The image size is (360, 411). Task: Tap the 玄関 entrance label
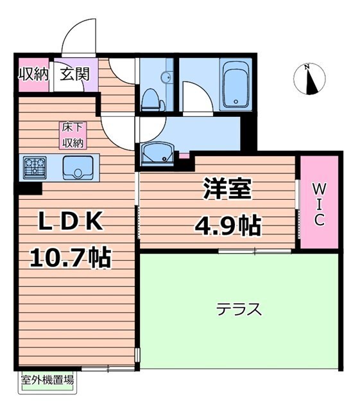pyautogui.click(x=75, y=73)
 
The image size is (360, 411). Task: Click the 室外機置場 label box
pyautogui.click(x=46, y=379)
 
